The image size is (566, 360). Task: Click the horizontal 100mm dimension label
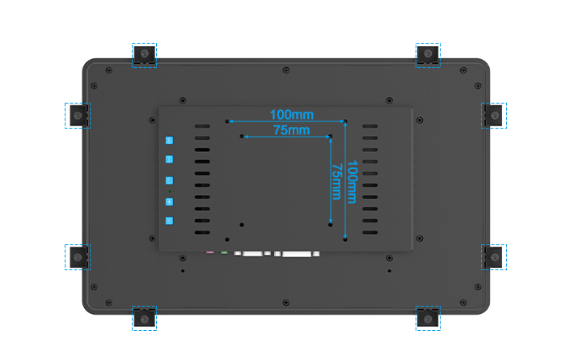(x=292, y=115)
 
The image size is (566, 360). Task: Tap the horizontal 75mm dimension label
(x=291, y=130)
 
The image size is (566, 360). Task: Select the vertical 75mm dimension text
(x=336, y=182)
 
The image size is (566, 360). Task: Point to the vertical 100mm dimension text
(x=352, y=182)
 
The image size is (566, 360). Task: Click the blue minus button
(x=169, y=159)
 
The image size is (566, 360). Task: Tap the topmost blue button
(x=169, y=141)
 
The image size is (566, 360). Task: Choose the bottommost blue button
(x=169, y=221)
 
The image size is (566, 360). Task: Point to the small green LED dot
(x=170, y=192)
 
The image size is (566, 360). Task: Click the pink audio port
(x=209, y=252)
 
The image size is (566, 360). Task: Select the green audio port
(x=224, y=252)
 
